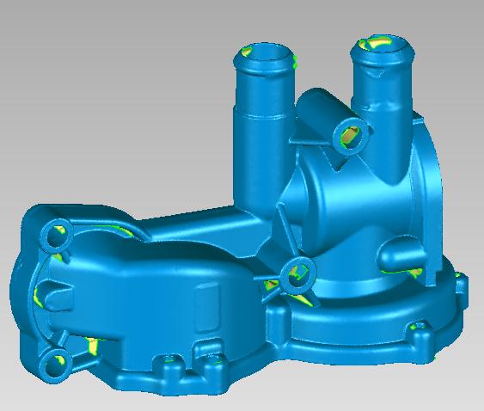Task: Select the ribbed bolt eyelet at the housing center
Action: coord(297,274)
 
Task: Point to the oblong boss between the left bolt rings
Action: coord(56,298)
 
